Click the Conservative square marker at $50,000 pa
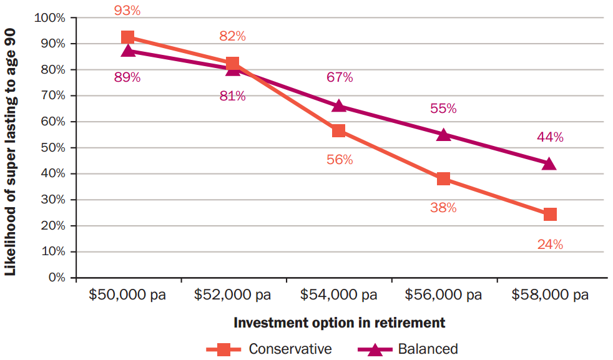click(x=128, y=37)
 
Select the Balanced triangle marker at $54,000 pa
click(x=339, y=105)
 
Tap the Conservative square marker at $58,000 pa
click(x=549, y=214)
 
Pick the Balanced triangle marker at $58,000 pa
click(x=549, y=163)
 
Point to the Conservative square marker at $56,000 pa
click(x=444, y=179)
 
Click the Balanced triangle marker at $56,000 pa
click(x=444, y=134)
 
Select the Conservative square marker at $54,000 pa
click(x=339, y=130)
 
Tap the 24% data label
click(x=550, y=245)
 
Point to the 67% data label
click(x=340, y=77)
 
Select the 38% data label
click(x=443, y=208)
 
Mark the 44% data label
click(x=550, y=137)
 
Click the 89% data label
click(x=127, y=78)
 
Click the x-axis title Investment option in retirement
click(x=339, y=323)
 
